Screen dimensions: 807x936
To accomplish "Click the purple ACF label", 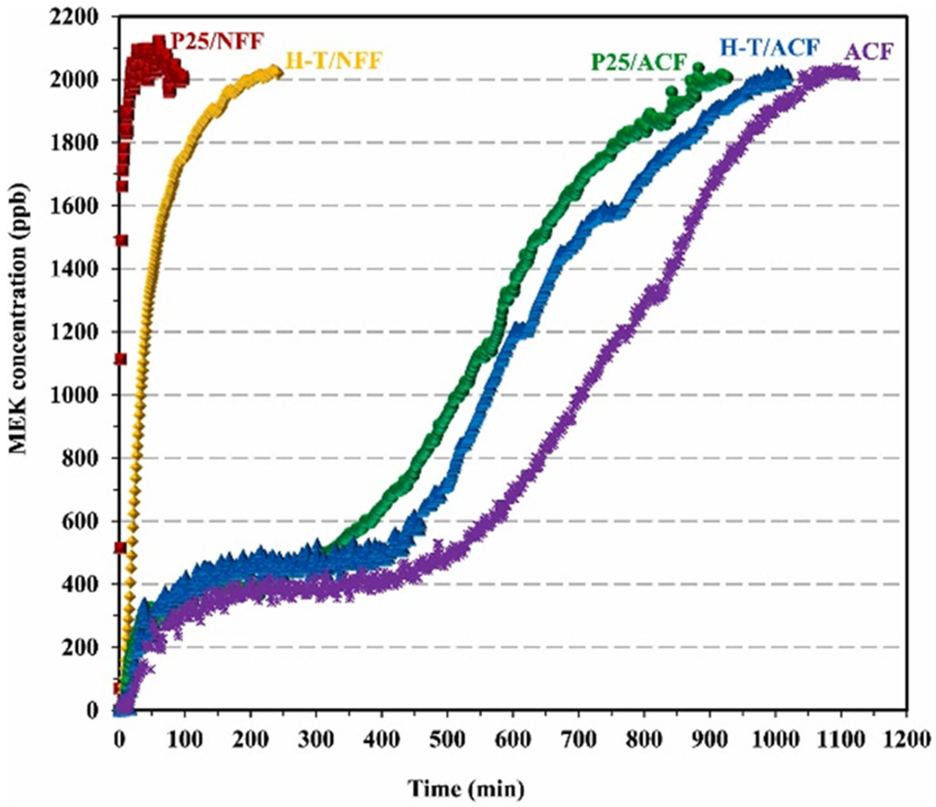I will (869, 53).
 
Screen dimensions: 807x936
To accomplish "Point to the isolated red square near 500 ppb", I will (120, 548).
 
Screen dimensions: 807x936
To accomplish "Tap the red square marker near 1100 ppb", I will (120, 359).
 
